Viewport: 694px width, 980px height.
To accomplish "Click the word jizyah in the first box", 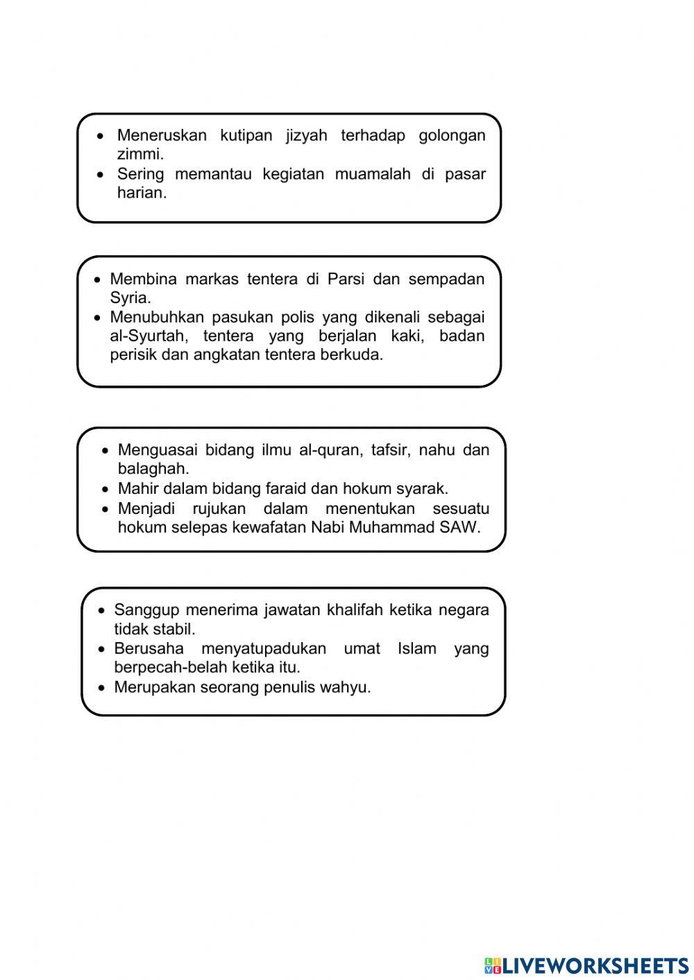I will (x=306, y=135).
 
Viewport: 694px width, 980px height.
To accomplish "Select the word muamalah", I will (x=373, y=174).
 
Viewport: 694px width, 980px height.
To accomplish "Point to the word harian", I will (x=141, y=193).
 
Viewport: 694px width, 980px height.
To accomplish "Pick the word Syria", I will (x=130, y=298).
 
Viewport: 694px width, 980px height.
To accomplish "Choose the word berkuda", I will (x=357, y=355).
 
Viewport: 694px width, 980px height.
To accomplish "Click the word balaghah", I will (x=153, y=469).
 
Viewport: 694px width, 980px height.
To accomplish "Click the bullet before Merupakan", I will (x=102, y=688).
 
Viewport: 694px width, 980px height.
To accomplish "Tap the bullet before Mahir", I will (x=105, y=489).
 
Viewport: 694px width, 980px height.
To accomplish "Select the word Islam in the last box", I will (x=415, y=649).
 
